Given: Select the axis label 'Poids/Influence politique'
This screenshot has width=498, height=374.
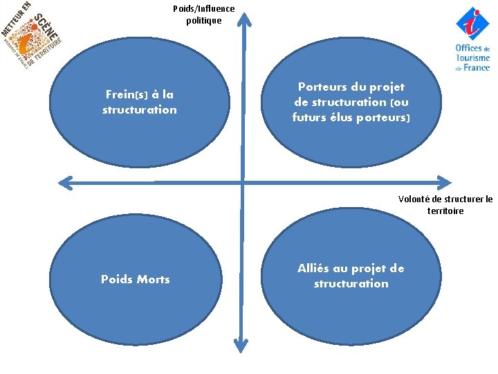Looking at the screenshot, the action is (204, 15).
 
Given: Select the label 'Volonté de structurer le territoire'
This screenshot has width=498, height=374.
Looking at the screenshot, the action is (445, 205).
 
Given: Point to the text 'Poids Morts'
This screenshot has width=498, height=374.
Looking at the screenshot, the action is (136, 279).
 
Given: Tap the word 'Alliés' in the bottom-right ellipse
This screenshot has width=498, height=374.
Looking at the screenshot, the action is (315, 269).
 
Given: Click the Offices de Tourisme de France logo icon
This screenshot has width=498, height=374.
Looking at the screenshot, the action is (472, 23).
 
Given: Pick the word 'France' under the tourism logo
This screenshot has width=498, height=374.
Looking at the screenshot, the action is (477, 68).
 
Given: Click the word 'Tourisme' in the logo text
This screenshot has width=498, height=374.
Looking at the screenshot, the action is (473, 58).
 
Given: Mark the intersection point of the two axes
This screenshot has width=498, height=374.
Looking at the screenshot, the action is (242, 183).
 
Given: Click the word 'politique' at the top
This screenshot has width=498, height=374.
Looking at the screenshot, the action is (204, 20).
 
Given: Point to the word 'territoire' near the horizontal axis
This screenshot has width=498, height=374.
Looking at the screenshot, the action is (445, 211).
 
